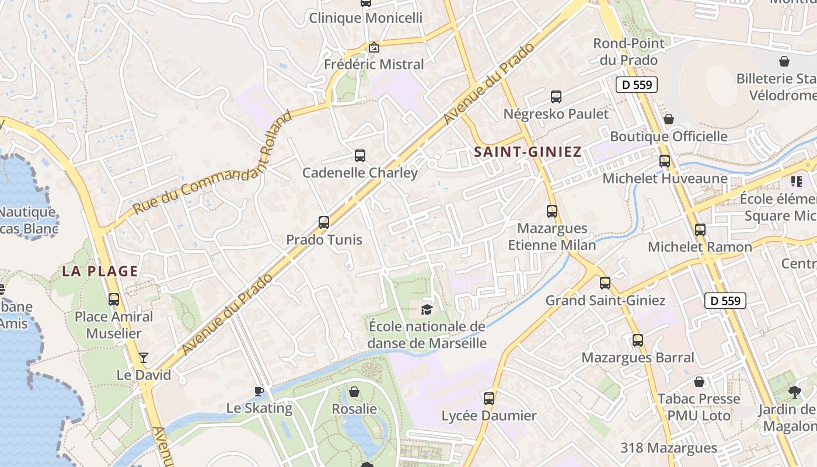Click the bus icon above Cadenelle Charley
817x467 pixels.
pyautogui.click(x=360, y=156)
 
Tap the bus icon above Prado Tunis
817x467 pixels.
pyautogui.click(x=324, y=222)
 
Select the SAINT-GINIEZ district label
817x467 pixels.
pyautogui.click(x=528, y=152)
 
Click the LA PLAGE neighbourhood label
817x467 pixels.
pyautogui.click(x=100, y=271)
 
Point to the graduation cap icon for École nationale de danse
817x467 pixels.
pyautogui.click(x=427, y=309)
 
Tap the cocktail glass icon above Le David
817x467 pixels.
pyautogui.click(x=144, y=358)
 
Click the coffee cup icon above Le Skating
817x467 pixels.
pyautogui.click(x=259, y=391)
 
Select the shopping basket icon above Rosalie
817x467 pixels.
pyautogui.click(x=354, y=392)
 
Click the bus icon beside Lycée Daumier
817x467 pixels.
pyautogui.click(x=489, y=399)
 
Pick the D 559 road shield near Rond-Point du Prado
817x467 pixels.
pyautogui.click(x=637, y=85)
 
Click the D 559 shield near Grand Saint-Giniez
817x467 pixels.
pyautogui.click(x=725, y=301)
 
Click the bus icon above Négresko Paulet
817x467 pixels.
pyautogui.click(x=556, y=97)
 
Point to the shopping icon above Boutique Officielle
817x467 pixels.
pyautogui.click(x=669, y=119)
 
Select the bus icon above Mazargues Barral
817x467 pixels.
pyautogui.click(x=638, y=340)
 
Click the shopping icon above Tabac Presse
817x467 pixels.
pyautogui.click(x=699, y=382)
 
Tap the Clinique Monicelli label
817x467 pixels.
pyautogui.click(x=365, y=18)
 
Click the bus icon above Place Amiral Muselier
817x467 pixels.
pyautogui.click(x=114, y=299)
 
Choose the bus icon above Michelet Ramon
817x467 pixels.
pyautogui.click(x=700, y=230)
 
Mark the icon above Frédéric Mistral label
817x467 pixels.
pyautogui.click(x=374, y=47)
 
